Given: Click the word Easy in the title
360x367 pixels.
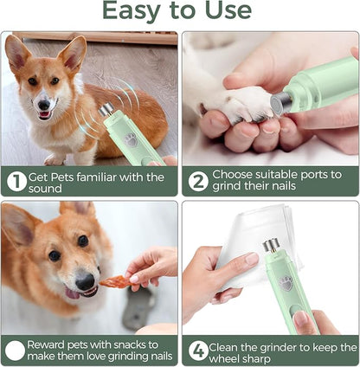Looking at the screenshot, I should (x=134, y=11).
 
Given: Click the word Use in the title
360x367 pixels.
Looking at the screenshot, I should (x=226, y=11).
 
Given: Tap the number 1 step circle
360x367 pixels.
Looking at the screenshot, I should (x=16, y=181).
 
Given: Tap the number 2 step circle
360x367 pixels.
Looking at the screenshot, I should (x=198, y=181).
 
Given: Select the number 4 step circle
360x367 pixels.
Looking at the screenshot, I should (x=198, y=351).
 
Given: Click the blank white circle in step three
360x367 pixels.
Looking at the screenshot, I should (x=16, y=351).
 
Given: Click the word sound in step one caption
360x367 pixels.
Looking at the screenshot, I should (x=46, y=188).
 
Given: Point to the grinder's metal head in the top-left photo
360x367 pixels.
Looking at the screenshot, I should (x=106, y=111).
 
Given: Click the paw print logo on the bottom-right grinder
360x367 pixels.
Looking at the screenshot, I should (x=285, y=282).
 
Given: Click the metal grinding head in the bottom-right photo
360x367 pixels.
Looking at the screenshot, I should (x=270, y=246).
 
